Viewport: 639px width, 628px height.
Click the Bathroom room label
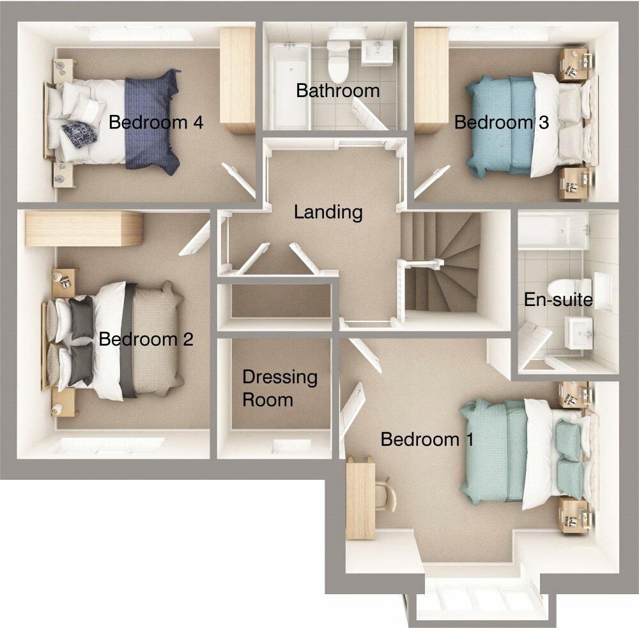[x=337, y=91]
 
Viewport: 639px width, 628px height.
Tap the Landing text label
[x=328, y=212]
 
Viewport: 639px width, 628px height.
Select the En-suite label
[x=558, y=299]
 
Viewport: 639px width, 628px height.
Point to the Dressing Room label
[x=279, y=388]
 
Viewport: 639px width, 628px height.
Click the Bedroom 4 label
[x=156, y=122]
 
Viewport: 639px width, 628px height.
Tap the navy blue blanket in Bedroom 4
[x=151, y=122]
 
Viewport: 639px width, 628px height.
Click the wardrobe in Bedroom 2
[x=83, y=229]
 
